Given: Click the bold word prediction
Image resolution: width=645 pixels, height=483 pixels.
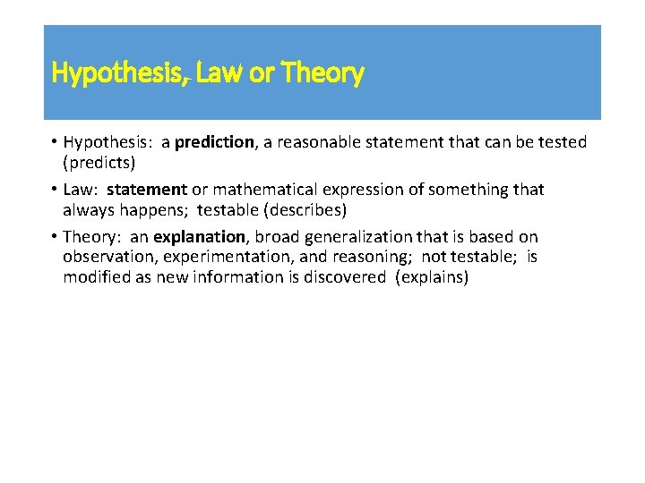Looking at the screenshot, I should click(214, 142).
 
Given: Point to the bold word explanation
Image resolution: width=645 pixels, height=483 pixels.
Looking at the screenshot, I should click(200, 237).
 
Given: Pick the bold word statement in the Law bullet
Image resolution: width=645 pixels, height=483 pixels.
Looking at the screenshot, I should click(147, 190).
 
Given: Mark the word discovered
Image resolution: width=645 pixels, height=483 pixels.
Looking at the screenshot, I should click(340, 276).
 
